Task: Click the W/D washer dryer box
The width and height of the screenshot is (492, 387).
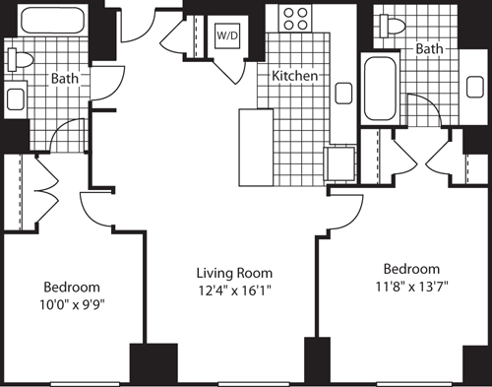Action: [225, 34]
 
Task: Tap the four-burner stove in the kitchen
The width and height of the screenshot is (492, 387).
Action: [295, 18]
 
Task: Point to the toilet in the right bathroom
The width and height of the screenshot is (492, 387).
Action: [397, 27]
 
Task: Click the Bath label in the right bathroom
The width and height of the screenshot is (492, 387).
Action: [428, 48]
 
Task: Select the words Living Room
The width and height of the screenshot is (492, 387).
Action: [233, 273]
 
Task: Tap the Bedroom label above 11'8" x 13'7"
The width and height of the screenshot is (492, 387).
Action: [411, 269]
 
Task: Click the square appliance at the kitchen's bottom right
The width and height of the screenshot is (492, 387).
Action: [340, 162]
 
